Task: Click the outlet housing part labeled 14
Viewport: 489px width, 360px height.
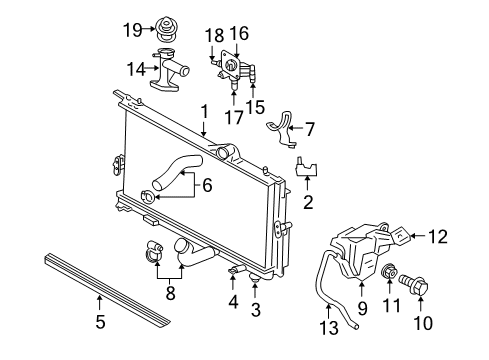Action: [176, 72]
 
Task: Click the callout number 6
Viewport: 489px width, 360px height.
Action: [208, 185]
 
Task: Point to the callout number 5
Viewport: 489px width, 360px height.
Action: [99, 322]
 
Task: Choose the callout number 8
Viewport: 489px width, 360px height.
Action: [170, 295]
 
